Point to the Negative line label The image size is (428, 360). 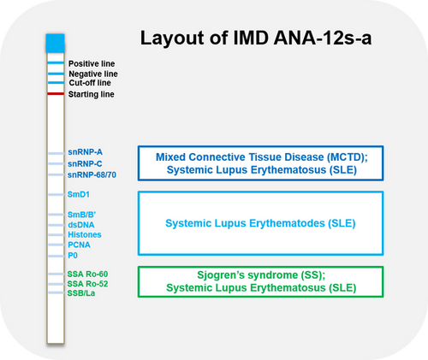[92, 74]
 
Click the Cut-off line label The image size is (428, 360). [89, 83]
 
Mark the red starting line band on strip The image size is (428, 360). [56, 93]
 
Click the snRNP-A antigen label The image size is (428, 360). [85, 152]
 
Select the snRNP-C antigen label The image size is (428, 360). [85, 163]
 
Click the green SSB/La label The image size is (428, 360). [82, 293]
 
